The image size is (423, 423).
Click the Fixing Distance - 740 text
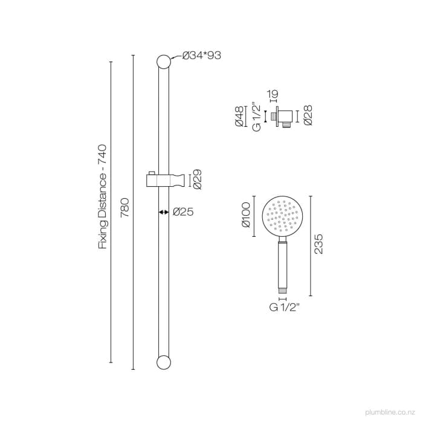click(102, 197)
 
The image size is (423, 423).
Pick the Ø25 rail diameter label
click(183, 212)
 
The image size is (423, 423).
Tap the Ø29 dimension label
click(197, 179)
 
